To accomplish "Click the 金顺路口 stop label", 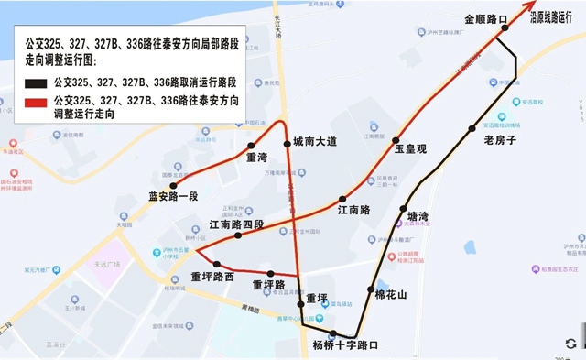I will pyautogui.click(x=485, y=18).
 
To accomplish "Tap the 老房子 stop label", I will pyautogui.click(x=500, y=140).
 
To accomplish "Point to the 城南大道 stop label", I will pyautogui.click(x=315, y=141).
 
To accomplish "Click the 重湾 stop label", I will pyautogui.click(x=257, y=157).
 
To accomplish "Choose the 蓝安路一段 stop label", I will pyautogui.click(x=173, y=196).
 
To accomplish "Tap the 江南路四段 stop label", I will pyautogui.click(x=236, y=224).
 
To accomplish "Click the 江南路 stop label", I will pyautogui.click(x=353, y=210).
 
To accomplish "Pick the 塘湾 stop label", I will pyautogui.click(x=417, y=216).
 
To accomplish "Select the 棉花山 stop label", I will pyautogui.click(x=391, y=294).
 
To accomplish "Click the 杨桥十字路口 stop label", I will pyautogui.click(x=345, y=345).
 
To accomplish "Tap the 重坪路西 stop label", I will pyautogui.click(x=212, y=277).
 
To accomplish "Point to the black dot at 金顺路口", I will pyautogui.click(x=503, y=30).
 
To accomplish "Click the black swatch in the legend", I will pyautogui.click(x=38, y=82).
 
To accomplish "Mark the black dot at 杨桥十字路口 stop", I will pyautogui.click(x=333, y=333).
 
